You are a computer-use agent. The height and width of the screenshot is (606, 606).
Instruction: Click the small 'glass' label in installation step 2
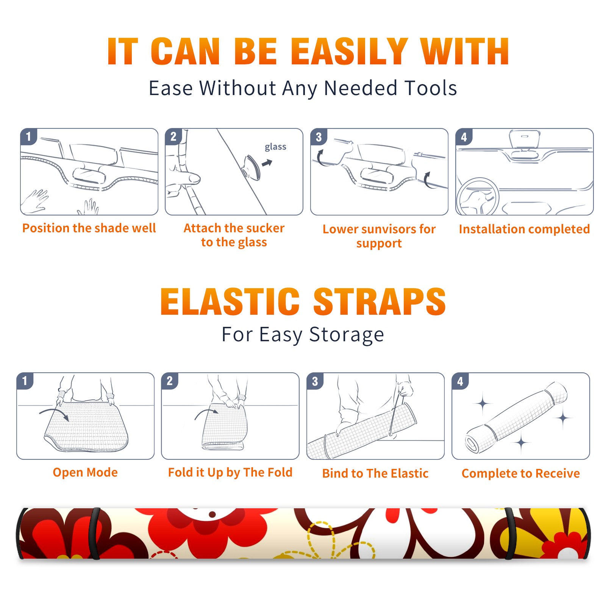pos(275,147)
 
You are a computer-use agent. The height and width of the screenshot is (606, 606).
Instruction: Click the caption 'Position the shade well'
pos(89,228)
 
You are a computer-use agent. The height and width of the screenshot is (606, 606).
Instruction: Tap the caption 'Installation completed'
pos(524,229)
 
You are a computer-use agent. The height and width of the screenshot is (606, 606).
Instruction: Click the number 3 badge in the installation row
pos(319,137)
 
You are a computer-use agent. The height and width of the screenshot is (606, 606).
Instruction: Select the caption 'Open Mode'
pos(85,472)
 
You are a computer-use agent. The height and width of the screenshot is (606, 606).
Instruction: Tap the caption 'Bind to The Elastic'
pos(375,473)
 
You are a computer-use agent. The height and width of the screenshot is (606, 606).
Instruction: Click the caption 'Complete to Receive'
pos(521,473)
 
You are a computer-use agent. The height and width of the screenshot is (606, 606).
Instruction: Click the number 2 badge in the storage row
pos(170,381)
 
